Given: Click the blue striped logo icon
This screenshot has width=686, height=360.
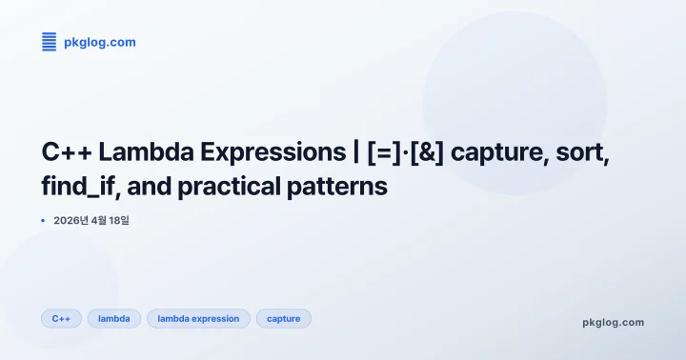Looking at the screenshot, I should [x=50, y=42].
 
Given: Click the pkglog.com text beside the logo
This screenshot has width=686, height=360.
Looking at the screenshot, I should [x=99, y=42].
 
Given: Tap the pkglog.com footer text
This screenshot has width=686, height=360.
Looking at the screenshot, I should [x=613, y=322].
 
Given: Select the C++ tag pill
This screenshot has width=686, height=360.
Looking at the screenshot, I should [x=61, y=318].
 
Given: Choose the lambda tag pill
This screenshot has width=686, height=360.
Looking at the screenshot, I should [x=114, y=318].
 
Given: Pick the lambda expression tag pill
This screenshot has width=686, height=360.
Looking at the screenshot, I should [x=198, y=318].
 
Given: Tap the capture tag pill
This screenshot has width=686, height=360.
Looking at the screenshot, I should [x=283, y=318].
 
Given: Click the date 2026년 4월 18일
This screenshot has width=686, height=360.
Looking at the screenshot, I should [x=91, y=220].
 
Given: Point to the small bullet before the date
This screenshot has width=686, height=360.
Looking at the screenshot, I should [x=44, y=220].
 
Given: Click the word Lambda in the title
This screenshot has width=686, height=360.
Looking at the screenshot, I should [x=140, y=152].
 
